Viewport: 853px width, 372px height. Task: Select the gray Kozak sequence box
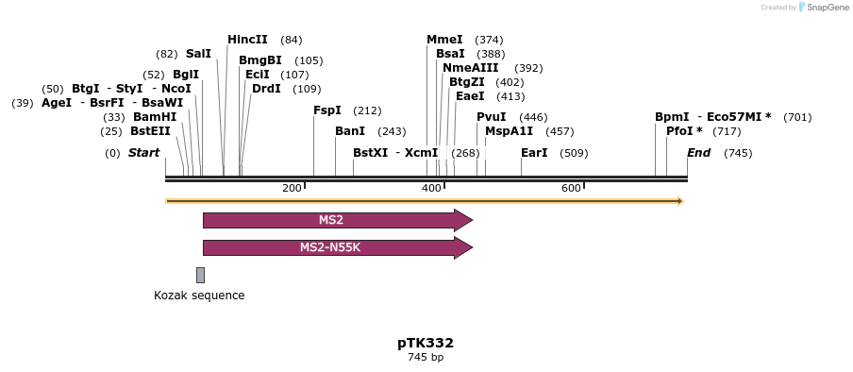click(200, 275)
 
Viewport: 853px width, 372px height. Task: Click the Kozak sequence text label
click(199, 296)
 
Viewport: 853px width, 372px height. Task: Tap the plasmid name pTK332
click(426, 343)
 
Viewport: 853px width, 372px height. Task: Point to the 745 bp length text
click(426, 358)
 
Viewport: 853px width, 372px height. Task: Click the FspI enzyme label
click(326, 110)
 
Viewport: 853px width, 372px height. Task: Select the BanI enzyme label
click(350, 131)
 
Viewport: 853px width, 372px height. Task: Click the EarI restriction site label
click(534, 153)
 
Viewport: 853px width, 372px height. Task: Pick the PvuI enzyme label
click(492, 117)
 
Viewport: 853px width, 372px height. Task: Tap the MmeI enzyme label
click(444, 40)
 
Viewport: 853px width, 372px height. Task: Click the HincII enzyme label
click(247, 40)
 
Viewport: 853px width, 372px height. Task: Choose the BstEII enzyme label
click(150, 131)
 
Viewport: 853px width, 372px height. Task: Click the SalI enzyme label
click(198, 54)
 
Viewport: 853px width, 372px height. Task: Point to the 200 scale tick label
click(292, 189)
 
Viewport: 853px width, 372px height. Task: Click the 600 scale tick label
click(571, 189)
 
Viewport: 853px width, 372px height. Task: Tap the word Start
click(143, 153)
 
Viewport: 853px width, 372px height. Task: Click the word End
click(698, 153)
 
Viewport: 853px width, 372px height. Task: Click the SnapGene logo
click(824, 8)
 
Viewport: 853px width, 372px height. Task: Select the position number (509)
click(574, 153)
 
